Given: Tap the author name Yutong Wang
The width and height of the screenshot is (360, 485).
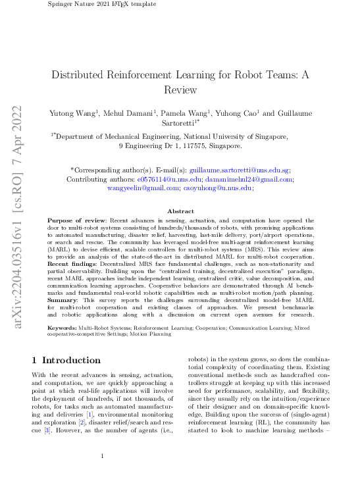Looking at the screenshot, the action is click(x=73, y=113).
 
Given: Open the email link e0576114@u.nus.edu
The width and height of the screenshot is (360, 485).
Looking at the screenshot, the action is click(x=161, y=178).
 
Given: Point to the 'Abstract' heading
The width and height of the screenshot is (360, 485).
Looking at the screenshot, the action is click(x=180, y=211).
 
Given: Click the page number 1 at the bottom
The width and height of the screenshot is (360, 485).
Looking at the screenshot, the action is click(x=103, y=456).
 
